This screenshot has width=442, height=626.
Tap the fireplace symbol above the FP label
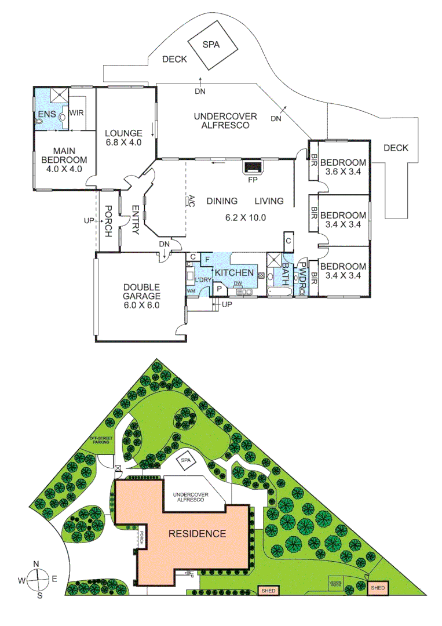(253, 168)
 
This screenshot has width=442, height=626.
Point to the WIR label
(77, 113)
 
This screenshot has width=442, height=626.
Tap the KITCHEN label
(234, 272)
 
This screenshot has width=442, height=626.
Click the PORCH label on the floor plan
(108, 221)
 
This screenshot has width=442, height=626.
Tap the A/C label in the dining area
(190, 201)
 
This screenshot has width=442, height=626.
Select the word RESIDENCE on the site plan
(197, 533)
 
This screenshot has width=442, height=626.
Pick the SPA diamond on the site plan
(186, 460)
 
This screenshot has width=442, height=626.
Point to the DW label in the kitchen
(238, 283)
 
